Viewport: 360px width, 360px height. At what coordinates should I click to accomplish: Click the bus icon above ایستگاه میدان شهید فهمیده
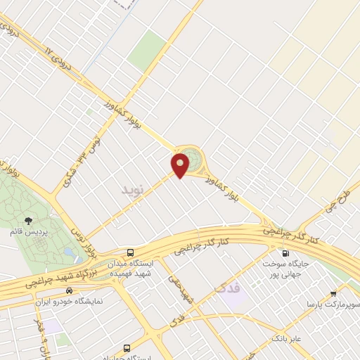pos(130,252)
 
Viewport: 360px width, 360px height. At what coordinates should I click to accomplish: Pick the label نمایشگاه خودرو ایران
pos(69,301)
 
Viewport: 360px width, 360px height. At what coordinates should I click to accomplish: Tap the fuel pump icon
pos(285,253)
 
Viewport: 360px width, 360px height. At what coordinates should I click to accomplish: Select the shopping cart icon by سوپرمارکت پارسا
pos(333,294)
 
